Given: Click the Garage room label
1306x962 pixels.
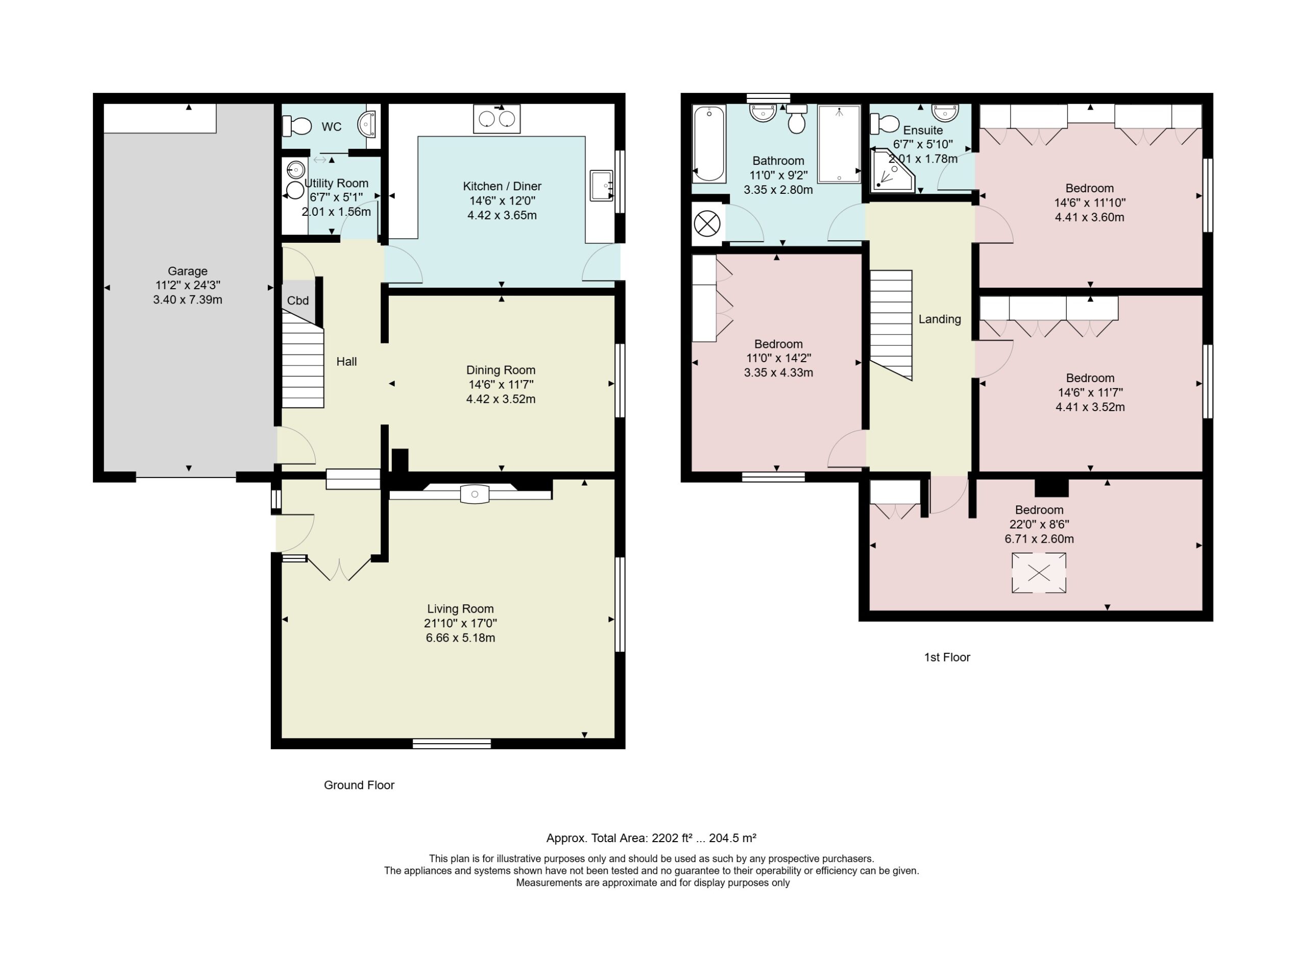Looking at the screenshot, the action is tap(188, 271).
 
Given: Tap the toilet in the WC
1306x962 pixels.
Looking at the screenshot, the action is tap(297, 125).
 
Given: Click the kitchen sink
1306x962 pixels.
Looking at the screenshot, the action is tap(601, 185).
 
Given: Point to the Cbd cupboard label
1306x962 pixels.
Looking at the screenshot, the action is tap(297, 300).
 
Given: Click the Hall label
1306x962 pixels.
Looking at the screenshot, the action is tap(346, 362).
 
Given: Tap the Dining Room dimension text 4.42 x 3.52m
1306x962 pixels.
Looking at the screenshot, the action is tap(501, 399).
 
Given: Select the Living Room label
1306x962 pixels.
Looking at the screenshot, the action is tap(460, 609).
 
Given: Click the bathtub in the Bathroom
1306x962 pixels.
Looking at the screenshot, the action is tap(709, 143).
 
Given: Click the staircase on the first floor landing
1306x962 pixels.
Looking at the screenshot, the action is tap(891, 325).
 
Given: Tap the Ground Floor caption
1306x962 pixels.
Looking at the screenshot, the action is tap(359, 785).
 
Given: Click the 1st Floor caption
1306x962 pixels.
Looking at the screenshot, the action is tap(947, 657).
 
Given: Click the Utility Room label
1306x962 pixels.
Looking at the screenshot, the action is tap(337, 184).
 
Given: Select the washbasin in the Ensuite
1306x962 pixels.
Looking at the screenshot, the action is tap(945, 112).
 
